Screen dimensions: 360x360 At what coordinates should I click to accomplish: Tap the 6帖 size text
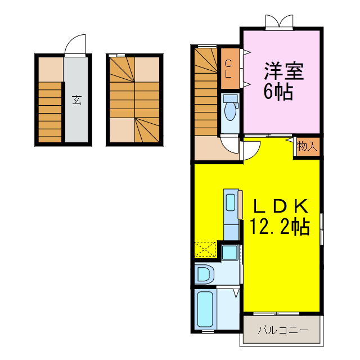click(x=278, y=91)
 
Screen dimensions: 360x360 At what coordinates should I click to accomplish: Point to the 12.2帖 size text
click(x=280, y=227)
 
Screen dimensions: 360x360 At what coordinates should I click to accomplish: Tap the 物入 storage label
click(x=307, y=146)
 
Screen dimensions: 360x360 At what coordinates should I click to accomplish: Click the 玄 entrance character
click(x=76, y=101)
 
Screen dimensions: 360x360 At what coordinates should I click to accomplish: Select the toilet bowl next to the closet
click(x=229, y=112)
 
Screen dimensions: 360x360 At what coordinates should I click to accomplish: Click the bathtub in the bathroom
click(x=205, y=310)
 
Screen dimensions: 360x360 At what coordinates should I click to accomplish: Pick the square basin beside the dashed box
click(x=229, y=252)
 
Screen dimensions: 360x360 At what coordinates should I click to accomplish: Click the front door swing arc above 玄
click(x=75, y=43)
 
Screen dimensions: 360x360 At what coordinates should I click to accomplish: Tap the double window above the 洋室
click(x=280, y=22)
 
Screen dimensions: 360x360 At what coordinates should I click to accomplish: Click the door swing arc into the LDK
click(x=251, y=149)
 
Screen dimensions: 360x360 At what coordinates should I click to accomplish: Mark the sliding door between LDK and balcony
click(x=281, y=313)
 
